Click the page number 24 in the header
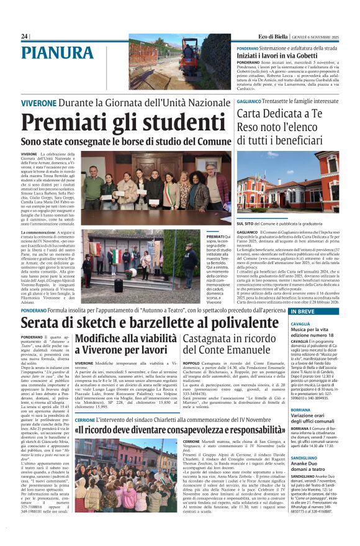click(24, 37)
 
